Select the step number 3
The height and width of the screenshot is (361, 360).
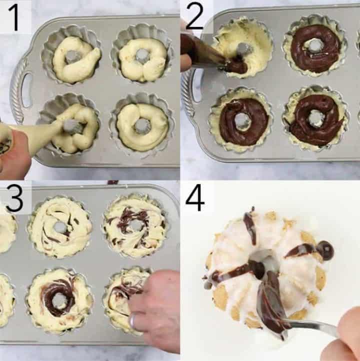pos(14,198)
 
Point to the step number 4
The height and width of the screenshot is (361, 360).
pos(195,198)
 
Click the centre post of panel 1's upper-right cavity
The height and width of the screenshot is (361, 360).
pos(142,54)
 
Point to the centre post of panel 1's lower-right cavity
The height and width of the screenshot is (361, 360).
pos(142,125)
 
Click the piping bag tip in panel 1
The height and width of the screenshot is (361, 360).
pos(70,127)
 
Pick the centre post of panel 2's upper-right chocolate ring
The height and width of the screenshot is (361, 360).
pos(315,46)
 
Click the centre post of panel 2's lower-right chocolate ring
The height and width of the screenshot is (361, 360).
pos(316,118)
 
